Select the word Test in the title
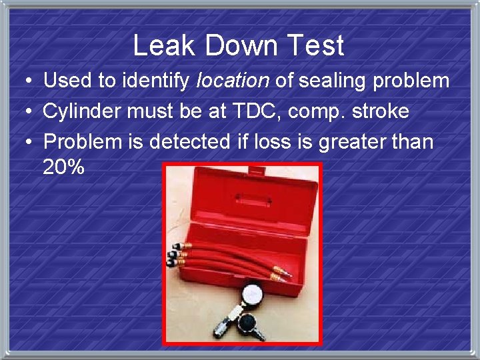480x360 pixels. pyautogui.click(x=317, y=45)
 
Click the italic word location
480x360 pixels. pyautogui.click(x=233, y=81)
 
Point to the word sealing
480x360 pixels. pyautogui.click(x=329, y=81)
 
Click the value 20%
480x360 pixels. pyautogui.click(x=63, y=167)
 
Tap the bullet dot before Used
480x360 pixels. pyautogui.click(x=24, y=82)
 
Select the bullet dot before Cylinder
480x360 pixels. pyautogui.click(x=24, y=112)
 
